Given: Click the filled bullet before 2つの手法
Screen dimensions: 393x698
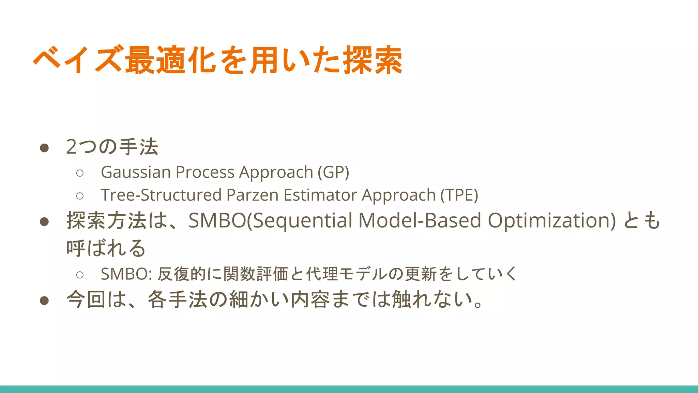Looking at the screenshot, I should [44, 148].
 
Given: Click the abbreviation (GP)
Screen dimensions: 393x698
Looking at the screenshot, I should [333, 172].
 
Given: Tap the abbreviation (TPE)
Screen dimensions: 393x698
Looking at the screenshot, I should [459, 195].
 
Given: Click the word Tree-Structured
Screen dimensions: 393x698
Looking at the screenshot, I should [161, 195].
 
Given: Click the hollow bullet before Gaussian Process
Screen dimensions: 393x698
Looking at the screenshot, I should [80, 173].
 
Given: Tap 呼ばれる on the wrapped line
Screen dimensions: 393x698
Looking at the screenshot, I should [106, 248].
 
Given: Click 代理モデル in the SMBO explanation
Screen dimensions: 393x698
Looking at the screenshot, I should [346, 274].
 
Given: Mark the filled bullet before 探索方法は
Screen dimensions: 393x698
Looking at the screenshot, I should [44, 222].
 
